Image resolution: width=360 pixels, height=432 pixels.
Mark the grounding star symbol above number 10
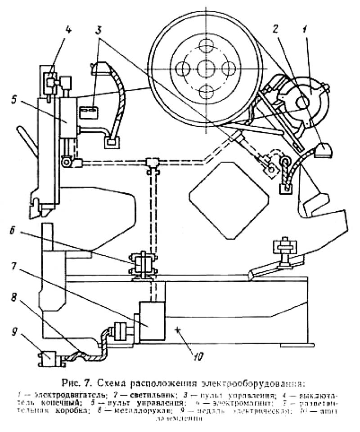pyautogui.click(x=180, y=331)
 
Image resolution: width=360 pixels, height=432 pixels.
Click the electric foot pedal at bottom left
pyautogui.click(x=46, y=358)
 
